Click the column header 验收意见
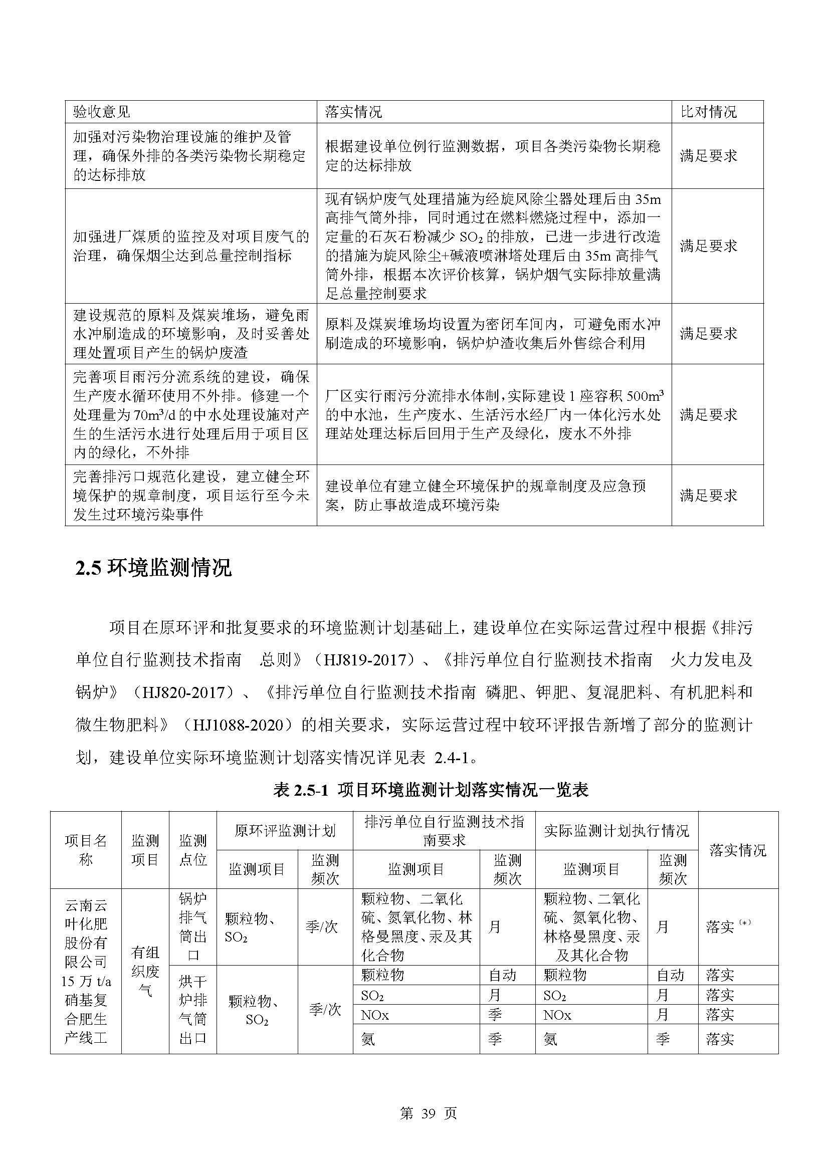102,112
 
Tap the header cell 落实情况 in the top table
353,112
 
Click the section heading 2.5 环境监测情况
154,568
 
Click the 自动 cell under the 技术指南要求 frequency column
502,975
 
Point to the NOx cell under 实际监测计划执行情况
557,1015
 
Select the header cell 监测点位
192,850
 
